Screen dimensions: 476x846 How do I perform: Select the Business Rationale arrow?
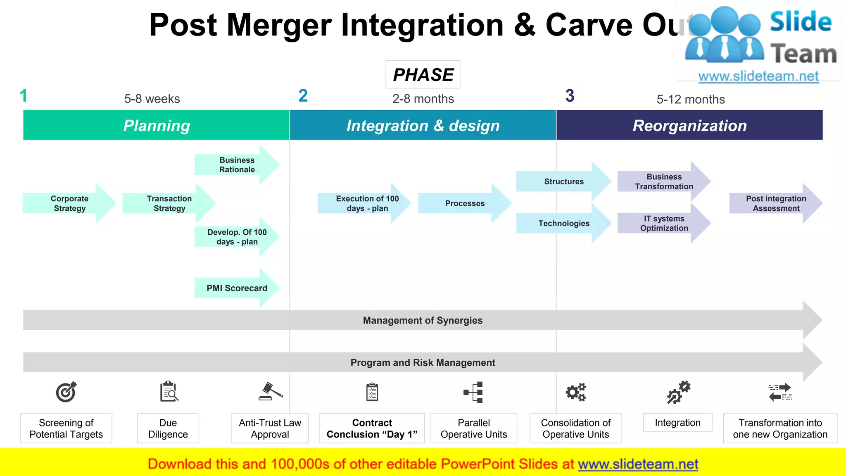[237, 165]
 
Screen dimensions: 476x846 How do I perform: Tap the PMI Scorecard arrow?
[237, 288]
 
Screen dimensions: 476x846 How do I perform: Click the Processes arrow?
[465, 203]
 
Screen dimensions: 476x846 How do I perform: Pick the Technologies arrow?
[564, 224]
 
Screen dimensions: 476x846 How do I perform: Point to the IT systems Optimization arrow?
[664, 224]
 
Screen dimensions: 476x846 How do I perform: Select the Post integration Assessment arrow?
[776, 203]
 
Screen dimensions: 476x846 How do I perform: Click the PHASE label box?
[423, 75]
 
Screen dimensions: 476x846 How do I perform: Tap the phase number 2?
[303, 96]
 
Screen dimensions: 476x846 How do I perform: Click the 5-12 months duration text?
[691, 100]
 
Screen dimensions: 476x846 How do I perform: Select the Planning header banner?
[157, 125]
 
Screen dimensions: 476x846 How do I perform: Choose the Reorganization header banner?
[689, 125]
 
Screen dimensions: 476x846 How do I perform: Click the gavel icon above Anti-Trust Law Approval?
[271, 391]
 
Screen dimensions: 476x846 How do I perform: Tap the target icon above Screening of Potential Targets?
[66, 392]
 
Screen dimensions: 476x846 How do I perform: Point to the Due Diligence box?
[168, 428]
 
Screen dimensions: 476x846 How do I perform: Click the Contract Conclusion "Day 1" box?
[372, 428]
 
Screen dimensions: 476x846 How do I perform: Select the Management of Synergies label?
[423, 321]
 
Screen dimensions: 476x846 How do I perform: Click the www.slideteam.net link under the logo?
[758, 76]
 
